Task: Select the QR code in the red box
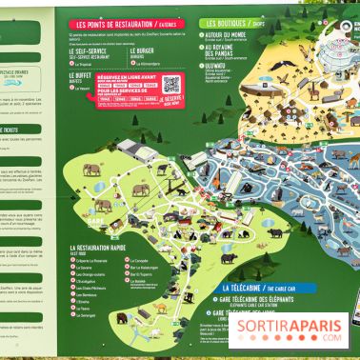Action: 171,85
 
